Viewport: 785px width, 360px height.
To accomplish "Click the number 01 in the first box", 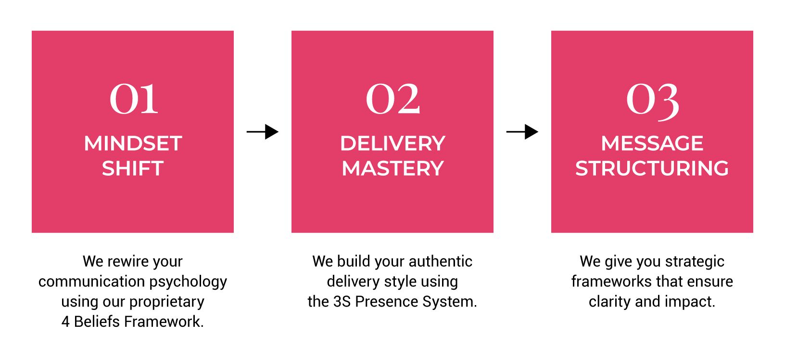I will click(x=134, y=99).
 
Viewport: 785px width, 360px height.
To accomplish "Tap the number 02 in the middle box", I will click(x=393, y=99).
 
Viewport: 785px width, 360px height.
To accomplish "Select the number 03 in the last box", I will click(x=652, y=100).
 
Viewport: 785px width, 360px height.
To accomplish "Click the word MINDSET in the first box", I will click(x=133, y=143).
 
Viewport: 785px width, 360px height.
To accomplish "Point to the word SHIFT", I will click(x=133, y=168).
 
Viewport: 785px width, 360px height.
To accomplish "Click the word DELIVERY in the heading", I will click(x=392, y=143).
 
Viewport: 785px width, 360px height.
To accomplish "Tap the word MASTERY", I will click(x=392, y=168).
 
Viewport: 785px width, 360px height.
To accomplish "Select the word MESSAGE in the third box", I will click(x=652, y=143).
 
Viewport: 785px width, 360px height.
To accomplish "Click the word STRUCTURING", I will click(x=652, y=168).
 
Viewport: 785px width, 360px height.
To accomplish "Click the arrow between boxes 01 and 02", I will click(x=263, y=131).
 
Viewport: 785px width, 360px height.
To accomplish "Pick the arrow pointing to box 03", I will click(x=522, y=131).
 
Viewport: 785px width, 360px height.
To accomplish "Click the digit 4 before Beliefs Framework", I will click(x=65, y=321).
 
